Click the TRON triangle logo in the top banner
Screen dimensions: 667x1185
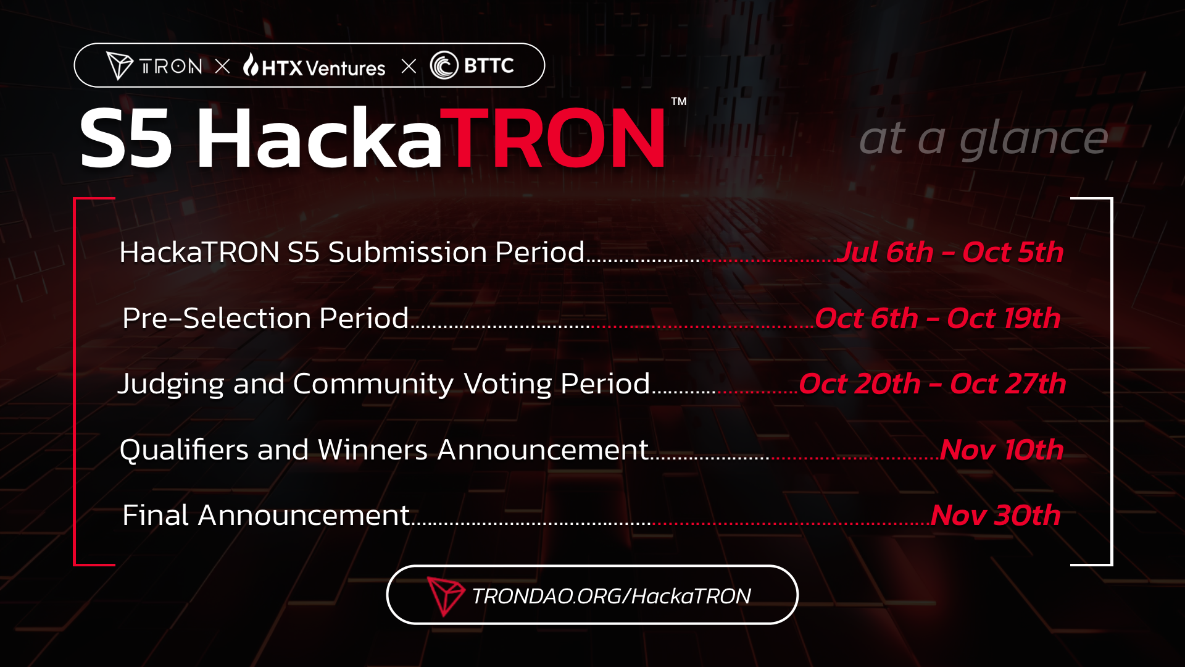click(x=119, y=65)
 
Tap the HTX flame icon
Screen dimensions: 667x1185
click(x=251, y=64)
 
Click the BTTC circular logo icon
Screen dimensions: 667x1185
click(x=444, y=65)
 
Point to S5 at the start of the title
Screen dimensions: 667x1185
click(x=126, y=138)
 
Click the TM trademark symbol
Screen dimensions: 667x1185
click(x=679, y=101)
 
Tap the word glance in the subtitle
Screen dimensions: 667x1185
click(x=1034, y=138)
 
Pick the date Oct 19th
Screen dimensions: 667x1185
click(x=1004, y=318)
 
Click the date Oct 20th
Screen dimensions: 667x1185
click(x=860, y=384)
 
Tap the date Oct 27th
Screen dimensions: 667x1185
click(x=1008, y=384)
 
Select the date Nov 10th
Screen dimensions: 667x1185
click(x=1002, y=450)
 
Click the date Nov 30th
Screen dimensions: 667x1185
click(x=996, y=515)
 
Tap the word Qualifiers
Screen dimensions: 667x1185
click(x=183, y=450)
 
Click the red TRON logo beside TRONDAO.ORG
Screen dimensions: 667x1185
click(x=445, y=596)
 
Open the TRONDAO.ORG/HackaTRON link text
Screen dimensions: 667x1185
click(x=611, y=596)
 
